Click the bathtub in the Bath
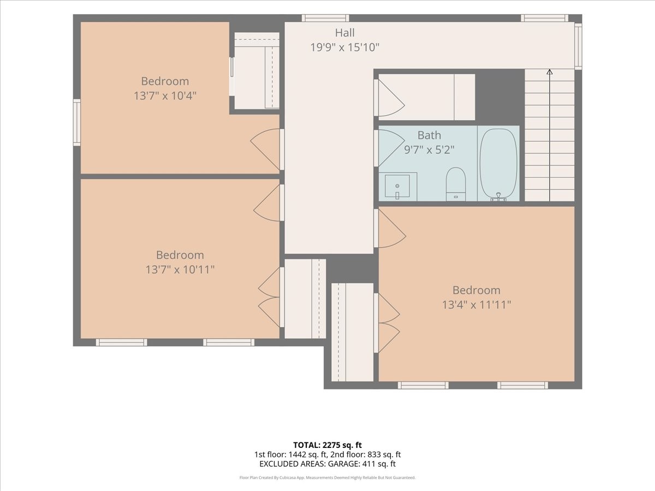(x=499, y=164)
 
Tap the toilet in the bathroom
(x=456, y=184)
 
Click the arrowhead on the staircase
(x=549, y=72)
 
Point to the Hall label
(x=344, y=33)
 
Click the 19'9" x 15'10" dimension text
(x=344, y=47)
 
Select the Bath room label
(x=429, y=135)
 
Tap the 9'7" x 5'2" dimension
(x=429, y=149)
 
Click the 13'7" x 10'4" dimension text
(x=165, y=95)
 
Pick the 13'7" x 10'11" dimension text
(x=180, y=270)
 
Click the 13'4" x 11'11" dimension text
(x=477, y=304)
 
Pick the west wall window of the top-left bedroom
(x=77, y=122)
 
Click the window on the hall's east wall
(x=578, y=46)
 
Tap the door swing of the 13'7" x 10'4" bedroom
(x=265, y=149)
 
